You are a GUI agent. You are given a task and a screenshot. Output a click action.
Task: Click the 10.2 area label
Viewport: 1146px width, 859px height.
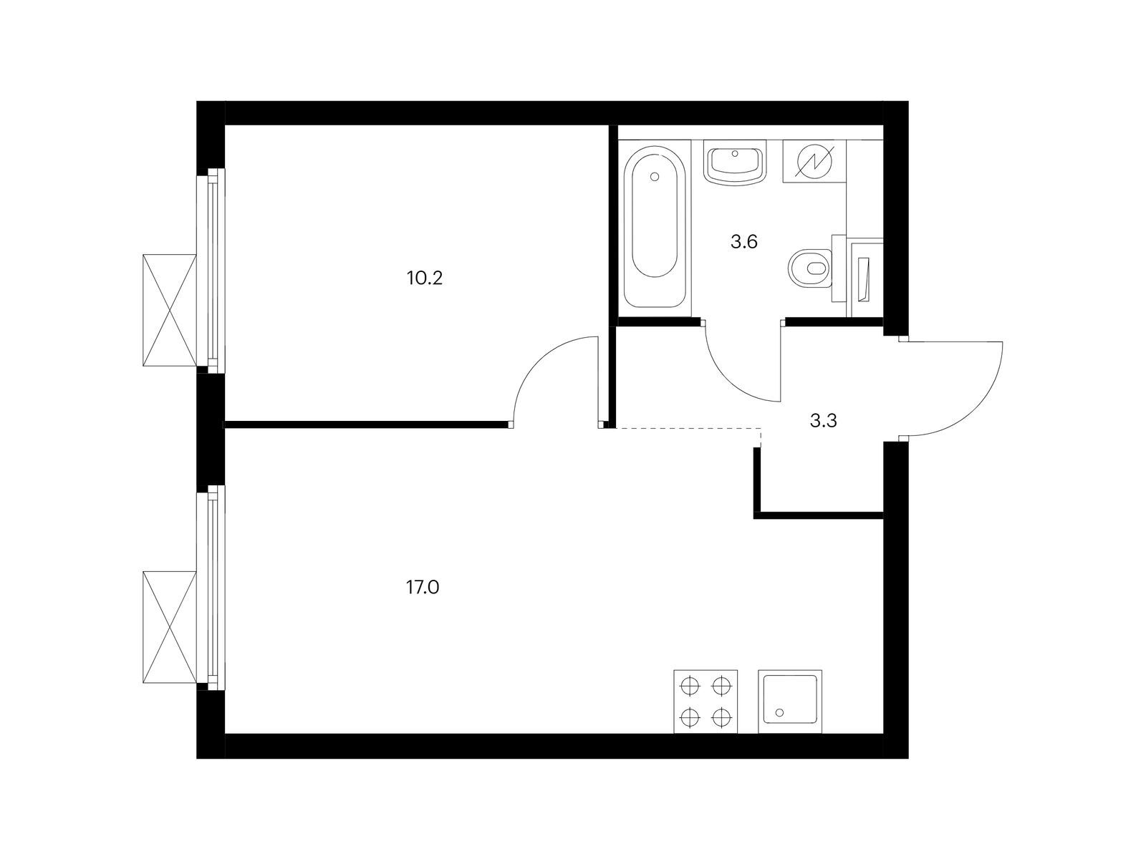coord(425,278)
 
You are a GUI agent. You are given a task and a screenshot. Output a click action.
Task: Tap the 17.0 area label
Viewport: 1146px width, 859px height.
coord(423,588)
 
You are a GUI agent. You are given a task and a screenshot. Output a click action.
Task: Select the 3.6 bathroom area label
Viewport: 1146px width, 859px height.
coord(744,242)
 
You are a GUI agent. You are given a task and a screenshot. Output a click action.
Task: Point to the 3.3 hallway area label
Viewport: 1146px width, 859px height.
coord(824,421)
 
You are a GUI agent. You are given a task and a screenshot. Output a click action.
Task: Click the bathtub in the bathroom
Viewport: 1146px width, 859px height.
coord(654,228)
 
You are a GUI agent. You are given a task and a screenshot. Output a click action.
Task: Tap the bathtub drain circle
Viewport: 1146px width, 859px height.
coord(654,178)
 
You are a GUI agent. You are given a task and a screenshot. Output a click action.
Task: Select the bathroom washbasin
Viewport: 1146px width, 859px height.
coord(735,162)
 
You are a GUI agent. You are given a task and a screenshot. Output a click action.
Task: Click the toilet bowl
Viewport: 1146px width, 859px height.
coord(809,268)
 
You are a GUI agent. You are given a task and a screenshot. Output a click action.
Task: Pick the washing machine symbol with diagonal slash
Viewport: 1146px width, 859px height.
coord(814,161)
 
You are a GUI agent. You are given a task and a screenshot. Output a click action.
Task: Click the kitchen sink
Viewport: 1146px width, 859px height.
coord(790,701)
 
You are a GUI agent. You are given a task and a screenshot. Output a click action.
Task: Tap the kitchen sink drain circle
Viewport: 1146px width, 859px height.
coord(779,712)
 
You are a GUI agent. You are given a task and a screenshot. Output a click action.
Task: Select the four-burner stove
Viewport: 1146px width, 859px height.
coord(706,701)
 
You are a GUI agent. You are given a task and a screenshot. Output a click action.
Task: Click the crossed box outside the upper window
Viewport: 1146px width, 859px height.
coord(169,310)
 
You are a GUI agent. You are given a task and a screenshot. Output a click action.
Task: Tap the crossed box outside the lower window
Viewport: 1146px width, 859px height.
coord(169,627)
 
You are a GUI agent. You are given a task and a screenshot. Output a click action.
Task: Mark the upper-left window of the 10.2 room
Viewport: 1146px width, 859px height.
coord(211,270)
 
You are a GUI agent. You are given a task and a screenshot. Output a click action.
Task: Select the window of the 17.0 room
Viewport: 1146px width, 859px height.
coord(211,588)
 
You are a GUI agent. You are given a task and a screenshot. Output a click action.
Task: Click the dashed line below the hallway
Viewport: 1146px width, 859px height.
coord(688,428)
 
